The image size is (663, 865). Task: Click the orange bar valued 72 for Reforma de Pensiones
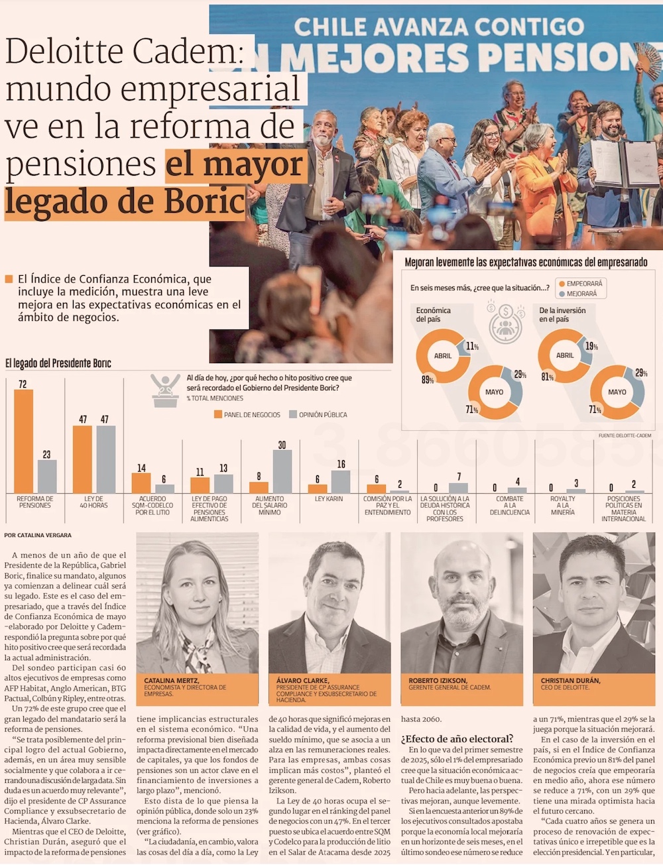click(x=24, y=441)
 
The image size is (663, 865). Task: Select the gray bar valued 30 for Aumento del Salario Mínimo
click(x=282, y=471)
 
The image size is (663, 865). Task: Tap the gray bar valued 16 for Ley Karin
click(x=341, y=481)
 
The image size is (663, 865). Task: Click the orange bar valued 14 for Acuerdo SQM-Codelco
click(x=141, y=483)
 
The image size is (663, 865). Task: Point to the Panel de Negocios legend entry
click(x=247, y=415)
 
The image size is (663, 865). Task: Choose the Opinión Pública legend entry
click(x=318, y=415)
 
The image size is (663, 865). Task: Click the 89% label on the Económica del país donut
click(x=428, y=380)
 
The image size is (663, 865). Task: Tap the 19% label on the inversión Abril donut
click(x=591, y=347)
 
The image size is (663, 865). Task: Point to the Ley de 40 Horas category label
click(x=93, y=502)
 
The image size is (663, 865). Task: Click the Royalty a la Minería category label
click(x=562, y=506)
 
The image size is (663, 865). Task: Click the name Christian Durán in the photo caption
click(x=570, y=681)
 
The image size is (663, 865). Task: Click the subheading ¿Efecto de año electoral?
click(x=457, y=738)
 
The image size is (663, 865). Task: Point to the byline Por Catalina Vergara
click(x=38, y=535)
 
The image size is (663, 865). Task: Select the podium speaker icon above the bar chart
click(x=164, y=390)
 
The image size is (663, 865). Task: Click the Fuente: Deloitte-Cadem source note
click(x=625, y=435)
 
